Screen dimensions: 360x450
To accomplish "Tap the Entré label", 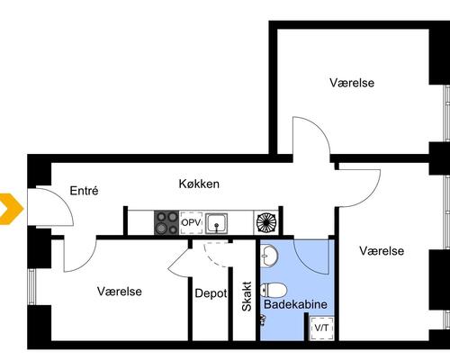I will point(83,191).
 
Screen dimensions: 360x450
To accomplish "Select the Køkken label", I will point(199,184).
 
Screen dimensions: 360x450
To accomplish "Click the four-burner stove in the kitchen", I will point(166,222).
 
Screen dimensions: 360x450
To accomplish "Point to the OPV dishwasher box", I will point(191,222).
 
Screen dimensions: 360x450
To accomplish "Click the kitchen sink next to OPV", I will point(217,222).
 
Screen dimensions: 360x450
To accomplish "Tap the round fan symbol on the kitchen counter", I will point(268,222).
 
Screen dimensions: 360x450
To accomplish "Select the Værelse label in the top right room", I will point(352,83).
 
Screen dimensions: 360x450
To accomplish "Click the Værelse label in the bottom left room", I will point(120,292).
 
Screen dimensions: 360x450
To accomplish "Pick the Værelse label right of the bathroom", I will point(382,251).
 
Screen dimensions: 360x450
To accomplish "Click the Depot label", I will point(210,292).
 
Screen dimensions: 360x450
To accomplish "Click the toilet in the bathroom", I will point(274,290).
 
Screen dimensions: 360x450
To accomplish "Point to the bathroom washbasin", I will point(271,257).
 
